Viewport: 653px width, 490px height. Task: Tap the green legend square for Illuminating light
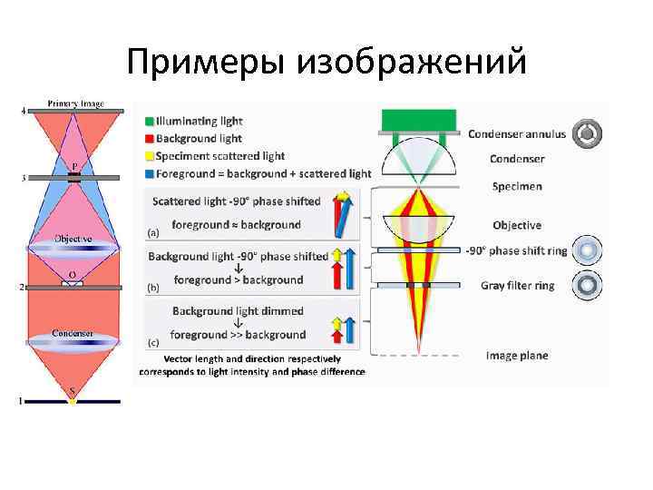tap(149, 121)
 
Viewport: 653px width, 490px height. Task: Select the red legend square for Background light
tap(149, 138)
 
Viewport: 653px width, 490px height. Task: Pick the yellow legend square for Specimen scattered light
tap(149, 156)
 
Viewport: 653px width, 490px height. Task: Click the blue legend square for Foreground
tap(149, 173)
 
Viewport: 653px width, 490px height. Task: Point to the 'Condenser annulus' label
tap(516, 134)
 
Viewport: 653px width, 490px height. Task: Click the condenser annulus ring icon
tap(590, 133)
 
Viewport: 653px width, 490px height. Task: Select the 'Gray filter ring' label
tap(517, 285)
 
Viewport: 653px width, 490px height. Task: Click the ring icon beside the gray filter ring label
tap(590, 286)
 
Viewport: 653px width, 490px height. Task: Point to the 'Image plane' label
tap(517, 356)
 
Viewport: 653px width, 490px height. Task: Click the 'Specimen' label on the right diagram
tap(517, 186)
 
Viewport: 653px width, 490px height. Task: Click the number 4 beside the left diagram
tap(24, 111)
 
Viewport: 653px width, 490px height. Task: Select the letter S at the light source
tap(73, 392)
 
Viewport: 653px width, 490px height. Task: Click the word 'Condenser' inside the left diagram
tap(73, 333)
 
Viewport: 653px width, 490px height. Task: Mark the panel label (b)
tap(153, 287)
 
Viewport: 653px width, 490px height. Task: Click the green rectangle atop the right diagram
tap(419, 120)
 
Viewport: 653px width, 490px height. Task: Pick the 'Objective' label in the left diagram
tap(73, 239)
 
